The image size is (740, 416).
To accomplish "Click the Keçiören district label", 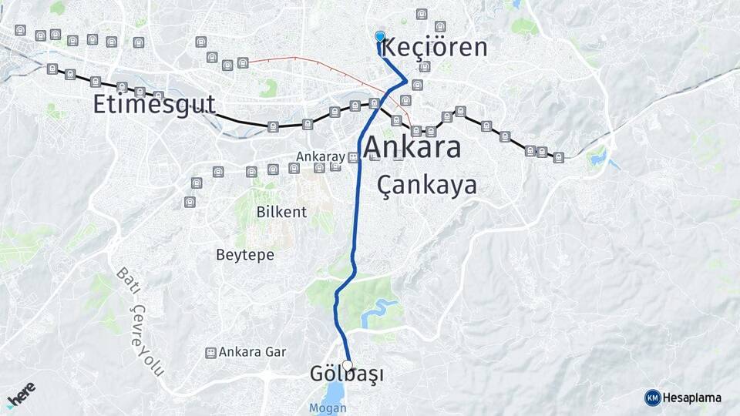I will point(435,48).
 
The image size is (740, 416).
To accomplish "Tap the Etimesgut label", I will point(154,105).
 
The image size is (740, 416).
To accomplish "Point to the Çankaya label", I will point(427,186).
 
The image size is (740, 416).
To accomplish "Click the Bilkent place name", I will point(282,212).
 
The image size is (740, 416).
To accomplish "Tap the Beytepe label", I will point(245,255).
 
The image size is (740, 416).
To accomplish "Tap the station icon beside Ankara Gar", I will point(210,352).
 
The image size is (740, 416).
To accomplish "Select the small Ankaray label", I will point(321,156).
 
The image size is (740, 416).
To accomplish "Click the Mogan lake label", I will point(328,408).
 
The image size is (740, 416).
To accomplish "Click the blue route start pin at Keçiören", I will point(379,36).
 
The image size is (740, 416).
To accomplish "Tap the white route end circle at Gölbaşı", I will point(347,366).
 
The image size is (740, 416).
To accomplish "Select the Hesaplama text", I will point(692,398).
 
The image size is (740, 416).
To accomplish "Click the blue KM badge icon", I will point(653,398).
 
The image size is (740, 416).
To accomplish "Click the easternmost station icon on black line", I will point(558,157).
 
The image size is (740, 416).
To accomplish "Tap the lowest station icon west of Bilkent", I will point(190,202).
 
